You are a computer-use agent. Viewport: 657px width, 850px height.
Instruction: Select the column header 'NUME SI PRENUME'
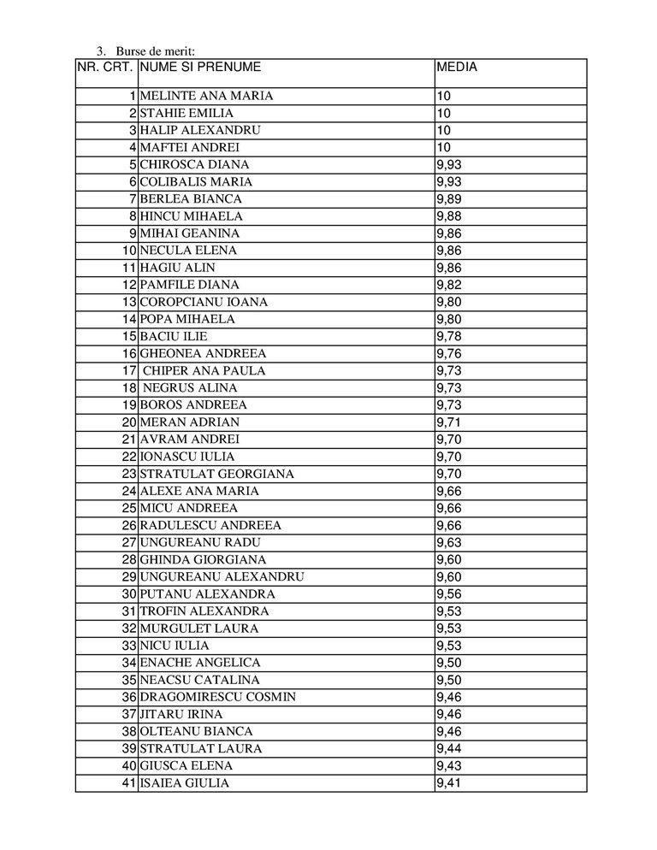(200, 67)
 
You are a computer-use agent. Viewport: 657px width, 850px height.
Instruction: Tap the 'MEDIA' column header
(456, 67)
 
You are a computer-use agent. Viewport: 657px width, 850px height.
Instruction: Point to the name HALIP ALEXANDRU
(200, 130)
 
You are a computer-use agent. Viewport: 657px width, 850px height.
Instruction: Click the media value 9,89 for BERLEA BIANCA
(449, 199)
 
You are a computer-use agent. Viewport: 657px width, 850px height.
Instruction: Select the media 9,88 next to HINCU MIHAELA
(449, 216)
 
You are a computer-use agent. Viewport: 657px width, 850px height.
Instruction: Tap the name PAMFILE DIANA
(190, 285)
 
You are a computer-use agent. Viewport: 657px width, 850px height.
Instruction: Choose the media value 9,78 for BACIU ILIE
(449, 336)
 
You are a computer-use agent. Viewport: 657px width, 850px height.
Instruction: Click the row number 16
(129, 353)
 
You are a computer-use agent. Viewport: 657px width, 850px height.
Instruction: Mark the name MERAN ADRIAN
(190, 422)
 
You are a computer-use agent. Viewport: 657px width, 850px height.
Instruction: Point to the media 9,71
(449, 422)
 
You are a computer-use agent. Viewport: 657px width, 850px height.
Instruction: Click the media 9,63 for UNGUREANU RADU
(449, 542)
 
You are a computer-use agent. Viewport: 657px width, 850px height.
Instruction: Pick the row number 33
(129, 646)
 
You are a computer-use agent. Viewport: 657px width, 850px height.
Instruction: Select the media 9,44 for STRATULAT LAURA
(449, 748)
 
